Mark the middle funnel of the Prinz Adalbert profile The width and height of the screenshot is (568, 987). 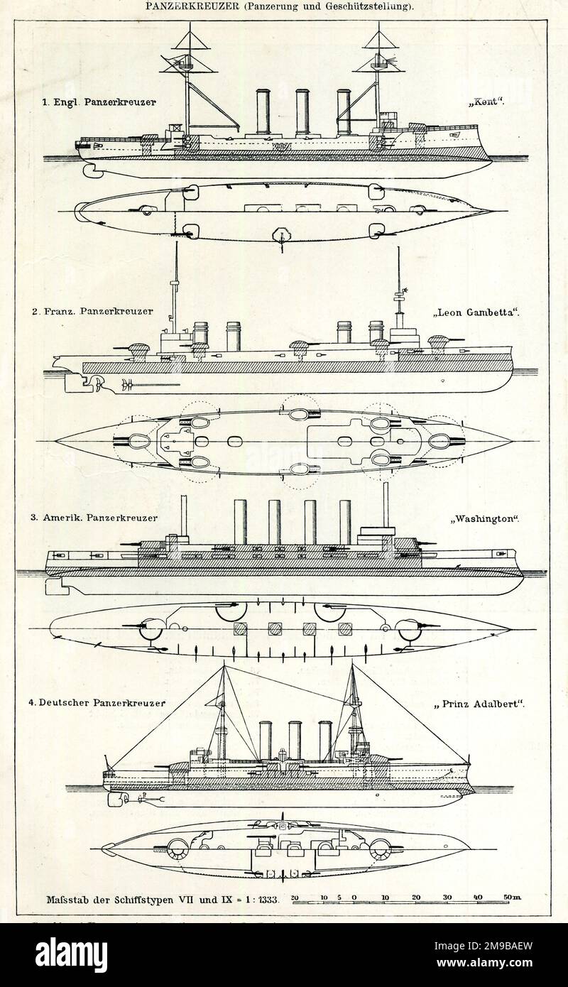pos(295,740)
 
